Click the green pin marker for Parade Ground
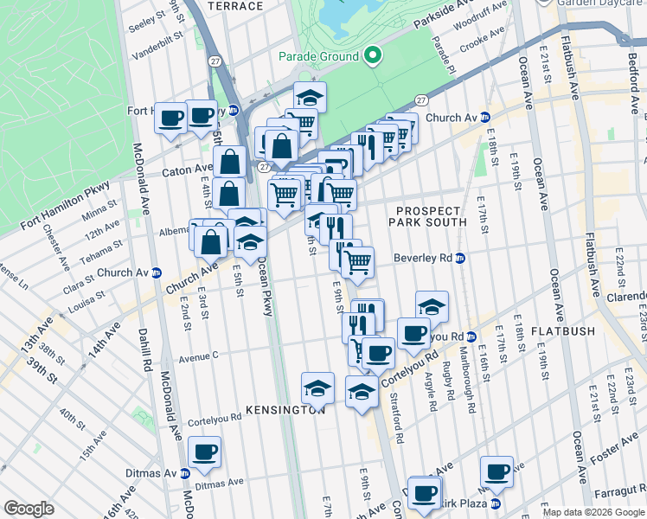[x=373, y=56]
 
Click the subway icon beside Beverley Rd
[x=461, y=258]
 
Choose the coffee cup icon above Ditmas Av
[x=205, y=452]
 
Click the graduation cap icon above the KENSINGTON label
[x=317, y=386]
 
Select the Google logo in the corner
[x=29, y=509]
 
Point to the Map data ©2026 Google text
[x=593, y=512]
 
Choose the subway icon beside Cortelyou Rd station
[x=471, y=336]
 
